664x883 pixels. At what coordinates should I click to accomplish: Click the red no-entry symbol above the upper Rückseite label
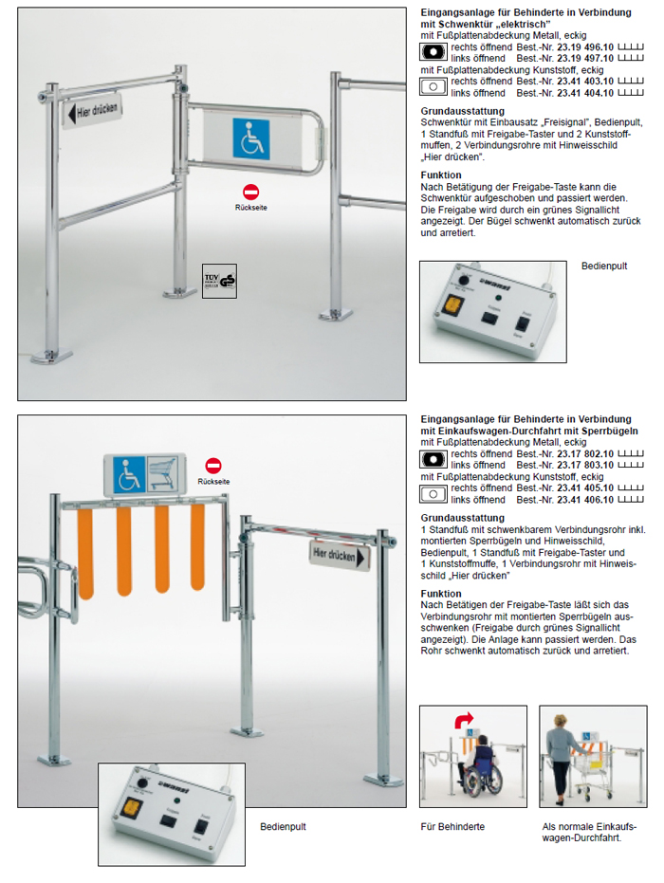(x=250, y=193)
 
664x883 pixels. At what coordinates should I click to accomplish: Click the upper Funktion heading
(x=440, y=175)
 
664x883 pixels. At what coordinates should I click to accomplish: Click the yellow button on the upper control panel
(x=452, y=306)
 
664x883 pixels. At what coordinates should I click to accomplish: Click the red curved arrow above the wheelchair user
(x=465, y=721)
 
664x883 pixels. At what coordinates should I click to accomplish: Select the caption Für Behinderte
(x=452, y=827)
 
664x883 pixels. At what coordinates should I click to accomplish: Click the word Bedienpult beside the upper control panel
(x=604, y=267)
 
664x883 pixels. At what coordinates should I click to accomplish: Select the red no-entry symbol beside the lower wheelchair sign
(x=213, y=465)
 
